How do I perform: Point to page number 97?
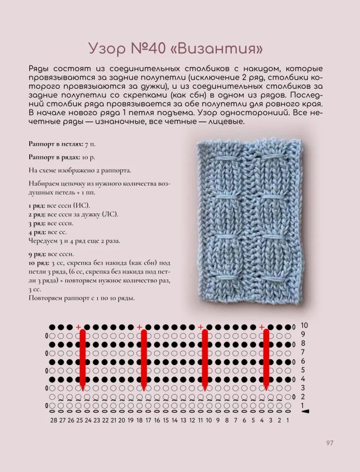(330, 443)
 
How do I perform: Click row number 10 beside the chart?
(304, 325)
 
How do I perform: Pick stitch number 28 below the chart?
(53, 420)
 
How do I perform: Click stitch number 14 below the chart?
(175, 420)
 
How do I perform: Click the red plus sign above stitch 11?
(201, 327)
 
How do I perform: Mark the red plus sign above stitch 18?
(139, 327)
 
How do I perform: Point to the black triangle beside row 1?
(305, 412)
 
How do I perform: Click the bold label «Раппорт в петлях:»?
(56, 143)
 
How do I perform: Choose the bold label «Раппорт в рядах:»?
(54, 157)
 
